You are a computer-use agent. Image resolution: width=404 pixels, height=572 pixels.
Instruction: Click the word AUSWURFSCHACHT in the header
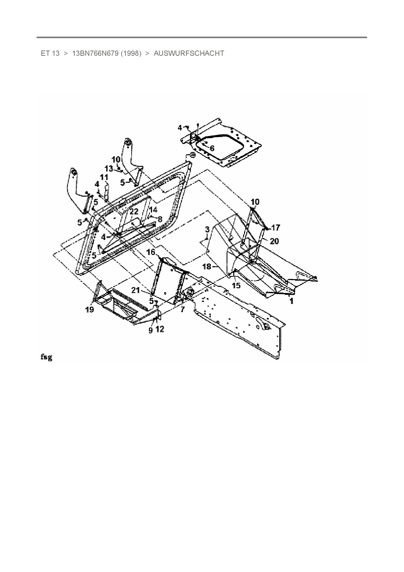click(189, 53)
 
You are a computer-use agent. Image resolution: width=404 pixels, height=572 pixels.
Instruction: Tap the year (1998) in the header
click(131, 53)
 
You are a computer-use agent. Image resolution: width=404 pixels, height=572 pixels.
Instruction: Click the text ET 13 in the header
click(50, 53)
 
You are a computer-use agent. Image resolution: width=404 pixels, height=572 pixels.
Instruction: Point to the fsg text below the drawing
click(46, 357)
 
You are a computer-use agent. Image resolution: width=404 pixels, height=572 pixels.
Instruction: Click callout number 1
click(292, 301)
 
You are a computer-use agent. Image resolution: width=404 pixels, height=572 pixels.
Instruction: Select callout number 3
click(207, 230)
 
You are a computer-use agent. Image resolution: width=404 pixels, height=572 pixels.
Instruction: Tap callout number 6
click(212, 148)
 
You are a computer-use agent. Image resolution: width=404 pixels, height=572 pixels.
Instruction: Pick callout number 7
click(182, 309)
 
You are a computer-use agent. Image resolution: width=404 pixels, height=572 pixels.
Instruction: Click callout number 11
click(104, 177)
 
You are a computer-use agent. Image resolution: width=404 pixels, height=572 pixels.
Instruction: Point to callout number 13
click(108, 169)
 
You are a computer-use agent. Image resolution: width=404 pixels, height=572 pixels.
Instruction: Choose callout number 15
click(236, 285)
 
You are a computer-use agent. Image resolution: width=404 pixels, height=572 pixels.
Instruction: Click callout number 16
click(151, 252)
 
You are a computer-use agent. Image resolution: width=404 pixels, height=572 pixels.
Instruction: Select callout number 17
click(276, 228)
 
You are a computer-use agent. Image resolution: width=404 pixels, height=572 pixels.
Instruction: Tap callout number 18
click(207, 267)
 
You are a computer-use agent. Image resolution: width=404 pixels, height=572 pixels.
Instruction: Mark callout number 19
click(90, 309)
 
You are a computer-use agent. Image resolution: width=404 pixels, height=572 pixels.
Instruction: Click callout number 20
click(274, 241)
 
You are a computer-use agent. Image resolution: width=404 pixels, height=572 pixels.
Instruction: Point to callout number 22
click(134, 212)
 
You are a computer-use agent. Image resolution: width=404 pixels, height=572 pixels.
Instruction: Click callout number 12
click(160, 329)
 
